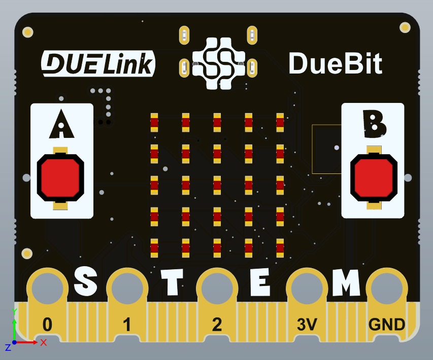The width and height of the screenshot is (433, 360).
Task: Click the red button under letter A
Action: pyautogui.click(x=60, y=177)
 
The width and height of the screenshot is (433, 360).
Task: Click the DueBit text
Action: pyautogui.click(x=335, y=64)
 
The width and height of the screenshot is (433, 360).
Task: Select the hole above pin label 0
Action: pyautogui.click(x=48, y=288)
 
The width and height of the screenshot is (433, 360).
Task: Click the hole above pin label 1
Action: pyautogui.click(x=127, y=288)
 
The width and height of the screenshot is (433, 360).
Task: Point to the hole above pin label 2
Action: pyautogui.click(x=217, y=288)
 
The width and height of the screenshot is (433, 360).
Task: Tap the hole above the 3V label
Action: pyautogui.click(x=307, y=288)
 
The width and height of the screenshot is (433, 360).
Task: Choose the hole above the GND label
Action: pyautogui.click(x=387, y=288)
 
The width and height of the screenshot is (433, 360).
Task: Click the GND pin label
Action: pyautogui.click(x=387, y=325)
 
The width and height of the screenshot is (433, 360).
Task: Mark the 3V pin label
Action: pyautogui.click(x=307, y=325)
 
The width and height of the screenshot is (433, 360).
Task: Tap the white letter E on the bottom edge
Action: pyautogui.click(x=260, y=282)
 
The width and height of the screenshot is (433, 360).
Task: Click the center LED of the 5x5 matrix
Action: pyautogui.click(x=217, y=185)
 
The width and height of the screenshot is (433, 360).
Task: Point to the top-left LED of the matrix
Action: pyautogui.click(x=154, y=122)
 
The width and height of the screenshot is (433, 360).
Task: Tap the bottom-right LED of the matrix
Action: pyautogui.click(x=280, y=247)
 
